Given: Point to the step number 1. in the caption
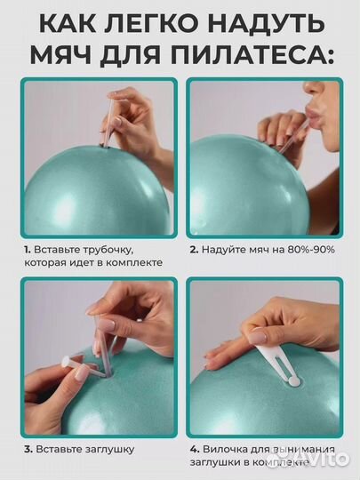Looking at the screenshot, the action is coord(28,250).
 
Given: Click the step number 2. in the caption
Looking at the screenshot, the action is coord(194,250).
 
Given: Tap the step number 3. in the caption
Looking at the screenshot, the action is coord(28,450).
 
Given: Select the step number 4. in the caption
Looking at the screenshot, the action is coord(195,450).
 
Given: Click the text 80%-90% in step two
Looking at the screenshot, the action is coord(311,250).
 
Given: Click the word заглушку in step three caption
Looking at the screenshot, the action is coord(108,450).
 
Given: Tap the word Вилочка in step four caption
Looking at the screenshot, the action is coord(225,450).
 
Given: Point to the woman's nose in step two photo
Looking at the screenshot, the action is coord(312,88).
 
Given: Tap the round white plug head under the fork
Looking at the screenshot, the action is coord(293,381).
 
